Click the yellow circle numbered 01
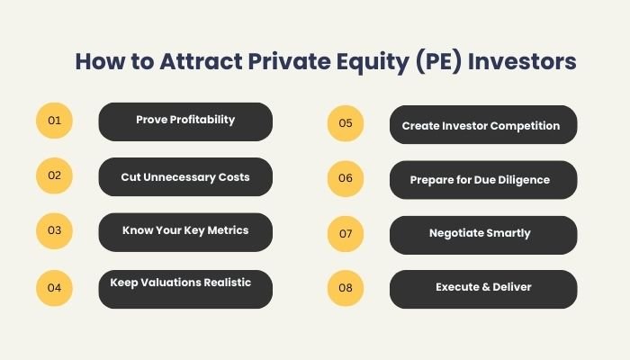coord(54,121)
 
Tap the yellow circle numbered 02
coord(54,175)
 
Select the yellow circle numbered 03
coord(54,230)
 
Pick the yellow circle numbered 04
coord(54,287)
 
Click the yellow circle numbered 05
coord(346,124)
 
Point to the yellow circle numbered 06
coord(346,178)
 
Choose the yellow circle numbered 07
coord(346,233)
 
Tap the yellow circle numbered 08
coord(346,288)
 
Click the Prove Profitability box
coord(184,121)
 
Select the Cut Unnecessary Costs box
coord(184,177)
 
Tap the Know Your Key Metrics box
coord(184,231)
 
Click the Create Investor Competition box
coord(482,126)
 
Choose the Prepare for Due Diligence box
coord(482,180)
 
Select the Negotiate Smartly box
coord(482,234)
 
